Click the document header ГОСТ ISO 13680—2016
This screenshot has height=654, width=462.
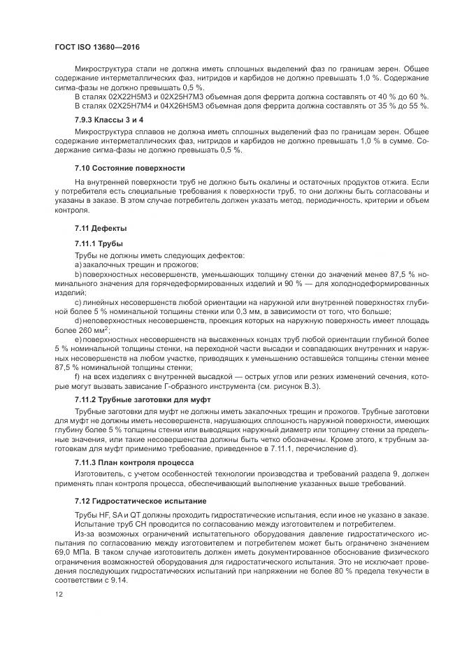pyautogui.click(x=99, y=49)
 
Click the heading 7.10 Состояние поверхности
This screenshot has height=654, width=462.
pyautogui.click(x=129, y=168)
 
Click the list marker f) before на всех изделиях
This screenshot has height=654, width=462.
pyautogui.click(x=77, y=375)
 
